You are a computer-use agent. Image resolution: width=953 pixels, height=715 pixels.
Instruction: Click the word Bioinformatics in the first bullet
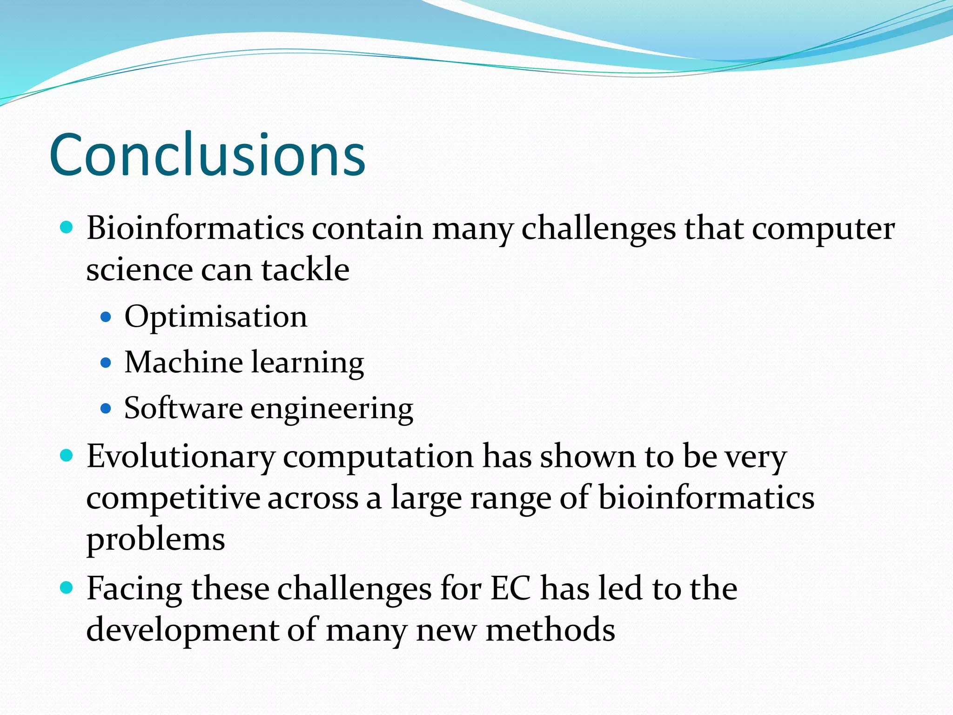coord(195,229)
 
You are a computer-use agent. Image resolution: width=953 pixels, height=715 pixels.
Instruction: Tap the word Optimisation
coord(216,317)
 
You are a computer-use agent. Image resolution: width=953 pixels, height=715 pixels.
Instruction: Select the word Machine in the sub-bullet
coord(183,362)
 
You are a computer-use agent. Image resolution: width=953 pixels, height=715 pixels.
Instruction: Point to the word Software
coord(183,408)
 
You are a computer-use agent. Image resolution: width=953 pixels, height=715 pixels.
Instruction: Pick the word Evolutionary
coord(181,457)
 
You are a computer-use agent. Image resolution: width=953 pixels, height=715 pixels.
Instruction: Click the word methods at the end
coord(550,630)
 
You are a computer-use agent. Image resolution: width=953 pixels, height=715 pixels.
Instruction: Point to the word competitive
coord(173,498)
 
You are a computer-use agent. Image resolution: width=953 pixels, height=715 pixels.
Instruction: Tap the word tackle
coord(305,270)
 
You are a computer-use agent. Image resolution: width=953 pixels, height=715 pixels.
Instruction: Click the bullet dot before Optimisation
coord(106,317)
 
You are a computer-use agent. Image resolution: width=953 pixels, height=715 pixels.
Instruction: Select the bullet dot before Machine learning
coord(106,363)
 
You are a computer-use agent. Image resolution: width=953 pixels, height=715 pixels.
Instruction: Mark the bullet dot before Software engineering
coord(106,409)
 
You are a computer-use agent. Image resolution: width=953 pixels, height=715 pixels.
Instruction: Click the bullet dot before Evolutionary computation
coord(67,455)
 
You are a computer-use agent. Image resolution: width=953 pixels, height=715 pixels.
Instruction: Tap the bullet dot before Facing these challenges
coord(67,588)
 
